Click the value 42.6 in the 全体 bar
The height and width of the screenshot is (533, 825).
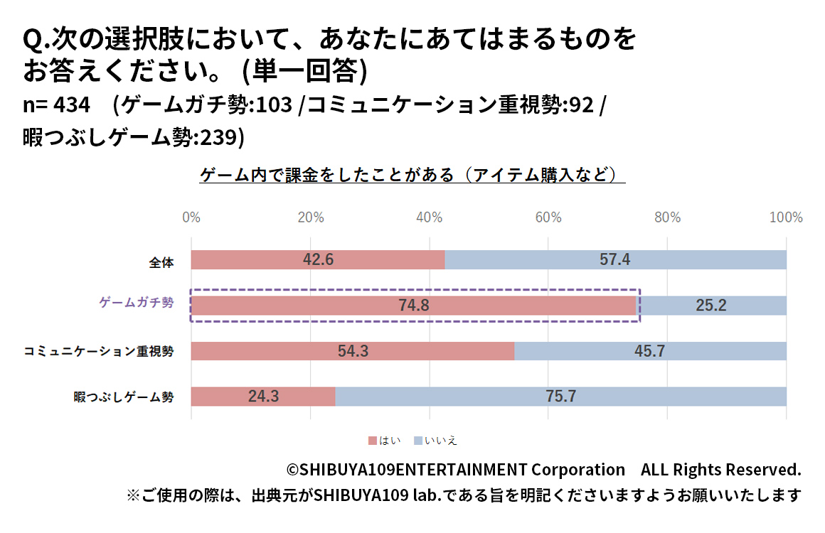(318, 260)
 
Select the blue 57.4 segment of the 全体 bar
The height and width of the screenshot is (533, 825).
(615, 260)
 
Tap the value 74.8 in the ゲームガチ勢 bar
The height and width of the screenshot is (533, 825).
(413, 306)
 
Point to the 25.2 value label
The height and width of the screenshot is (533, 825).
(711, 306)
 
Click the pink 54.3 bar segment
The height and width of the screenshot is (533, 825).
(352, 351)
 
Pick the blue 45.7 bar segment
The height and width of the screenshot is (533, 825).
(650, 351)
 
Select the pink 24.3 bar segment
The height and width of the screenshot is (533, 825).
(263, 397)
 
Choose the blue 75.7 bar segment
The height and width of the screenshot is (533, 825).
(560, 397)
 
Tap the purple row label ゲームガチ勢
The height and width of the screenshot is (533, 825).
(135, 302)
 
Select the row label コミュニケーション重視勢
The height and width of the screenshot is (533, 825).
(99, 351)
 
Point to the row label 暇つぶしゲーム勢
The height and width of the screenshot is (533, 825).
(123, 397)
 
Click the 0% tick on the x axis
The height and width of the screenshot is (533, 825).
(191, 217)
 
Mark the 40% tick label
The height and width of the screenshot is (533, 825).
(429, 217)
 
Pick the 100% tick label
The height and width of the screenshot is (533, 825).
(786, 217)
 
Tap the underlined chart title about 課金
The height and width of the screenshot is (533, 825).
(412, 175)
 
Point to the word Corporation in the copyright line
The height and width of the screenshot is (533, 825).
(578, 470)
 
